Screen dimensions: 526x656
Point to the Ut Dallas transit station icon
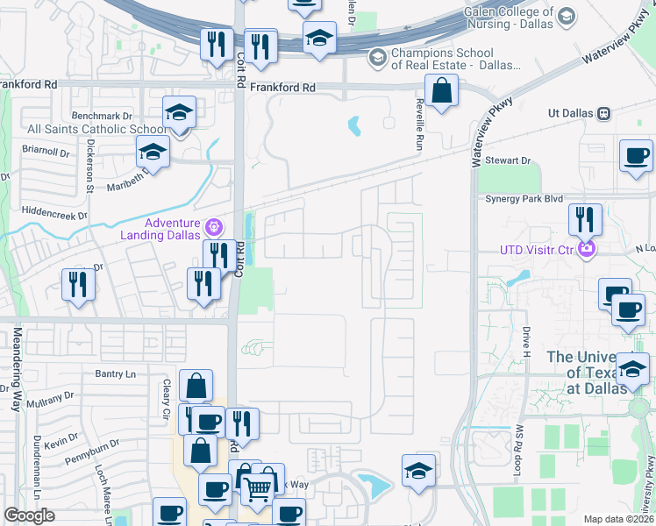603,113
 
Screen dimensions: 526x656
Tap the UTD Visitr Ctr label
536,250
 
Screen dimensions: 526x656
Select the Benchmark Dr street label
102,116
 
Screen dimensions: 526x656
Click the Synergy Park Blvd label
524,199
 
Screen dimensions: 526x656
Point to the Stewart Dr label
509,161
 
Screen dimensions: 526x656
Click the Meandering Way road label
17,369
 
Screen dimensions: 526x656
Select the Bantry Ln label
116,373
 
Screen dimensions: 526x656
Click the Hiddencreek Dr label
57,213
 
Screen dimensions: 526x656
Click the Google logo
29,515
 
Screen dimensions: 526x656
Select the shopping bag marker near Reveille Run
441,89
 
